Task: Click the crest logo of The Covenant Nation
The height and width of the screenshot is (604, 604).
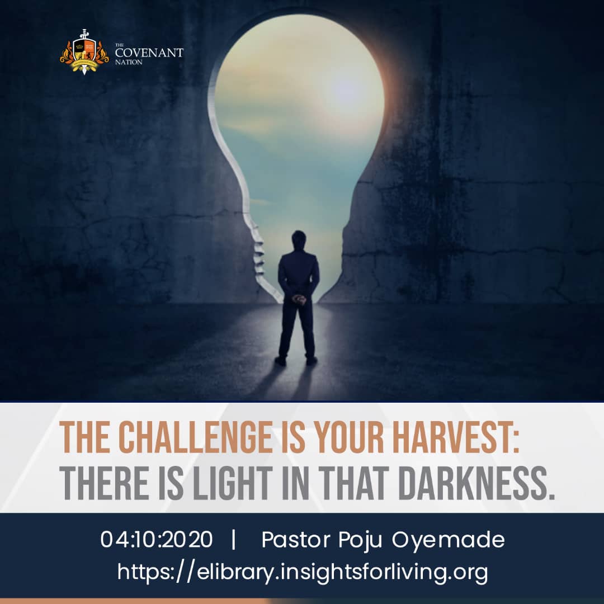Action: tap(84, 52)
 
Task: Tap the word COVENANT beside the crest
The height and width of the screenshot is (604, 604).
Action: tap(149, 53)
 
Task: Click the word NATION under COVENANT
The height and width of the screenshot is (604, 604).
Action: tap(129, 62)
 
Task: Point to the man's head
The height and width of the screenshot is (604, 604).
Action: tap(299, 240)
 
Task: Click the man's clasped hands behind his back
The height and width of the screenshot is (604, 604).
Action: tap(299, 299)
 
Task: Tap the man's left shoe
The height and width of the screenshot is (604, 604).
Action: tap(280, 361)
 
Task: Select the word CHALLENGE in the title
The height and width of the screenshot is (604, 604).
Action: tap(195, 437)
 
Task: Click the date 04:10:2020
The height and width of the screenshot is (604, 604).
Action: tap(157, 539)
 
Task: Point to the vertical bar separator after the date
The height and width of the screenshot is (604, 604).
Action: tap(233, 539)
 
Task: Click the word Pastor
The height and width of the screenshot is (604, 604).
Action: tap(296, 539)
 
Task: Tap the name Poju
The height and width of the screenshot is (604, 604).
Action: tap(361, 540)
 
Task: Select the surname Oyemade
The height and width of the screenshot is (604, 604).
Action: tap(449, 540)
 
